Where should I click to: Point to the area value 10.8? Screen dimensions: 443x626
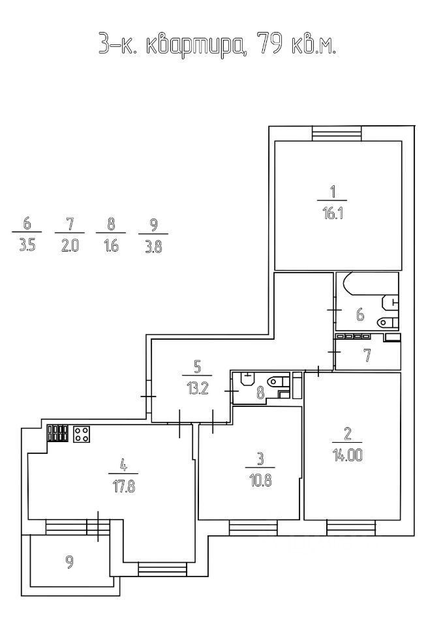click(x=259, y=479)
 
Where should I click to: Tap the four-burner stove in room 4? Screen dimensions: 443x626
click(x=82, y=435)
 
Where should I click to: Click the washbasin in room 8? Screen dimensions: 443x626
click(x=247, y=379)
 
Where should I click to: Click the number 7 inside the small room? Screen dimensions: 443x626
click(x=367, y=356)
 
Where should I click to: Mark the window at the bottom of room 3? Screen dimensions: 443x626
click(x=253, y=525)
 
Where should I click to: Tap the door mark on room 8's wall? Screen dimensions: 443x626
click(x=231, y=391)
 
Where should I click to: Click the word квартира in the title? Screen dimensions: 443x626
click(x=192, y=45)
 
